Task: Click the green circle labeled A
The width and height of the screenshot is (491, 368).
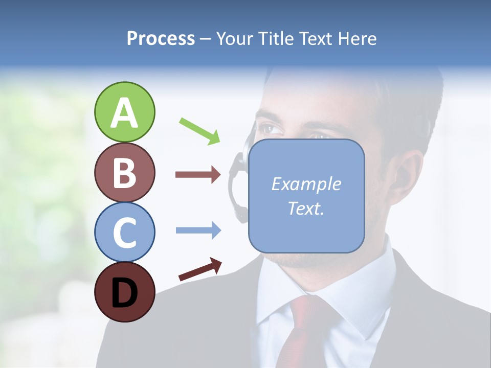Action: [x=124, y=112]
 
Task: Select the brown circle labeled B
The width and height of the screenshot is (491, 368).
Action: [x=124, y=172]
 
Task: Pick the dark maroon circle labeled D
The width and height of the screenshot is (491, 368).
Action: [x=124, y=292]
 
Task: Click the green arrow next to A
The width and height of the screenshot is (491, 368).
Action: [x=199, y=131]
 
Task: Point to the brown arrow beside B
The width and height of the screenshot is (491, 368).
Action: [x=197, y=175]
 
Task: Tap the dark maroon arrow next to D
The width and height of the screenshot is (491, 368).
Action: [x=200, y=269]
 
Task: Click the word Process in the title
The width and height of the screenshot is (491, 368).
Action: [x=161, y=38]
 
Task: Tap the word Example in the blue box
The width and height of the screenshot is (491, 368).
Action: [x=306, y=184]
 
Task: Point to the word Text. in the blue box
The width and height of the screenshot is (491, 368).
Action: [x=306, y=208]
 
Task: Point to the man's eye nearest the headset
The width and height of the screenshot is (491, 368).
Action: [x=270, y=129]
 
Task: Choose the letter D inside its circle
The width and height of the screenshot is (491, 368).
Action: [x=124, y=292]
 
